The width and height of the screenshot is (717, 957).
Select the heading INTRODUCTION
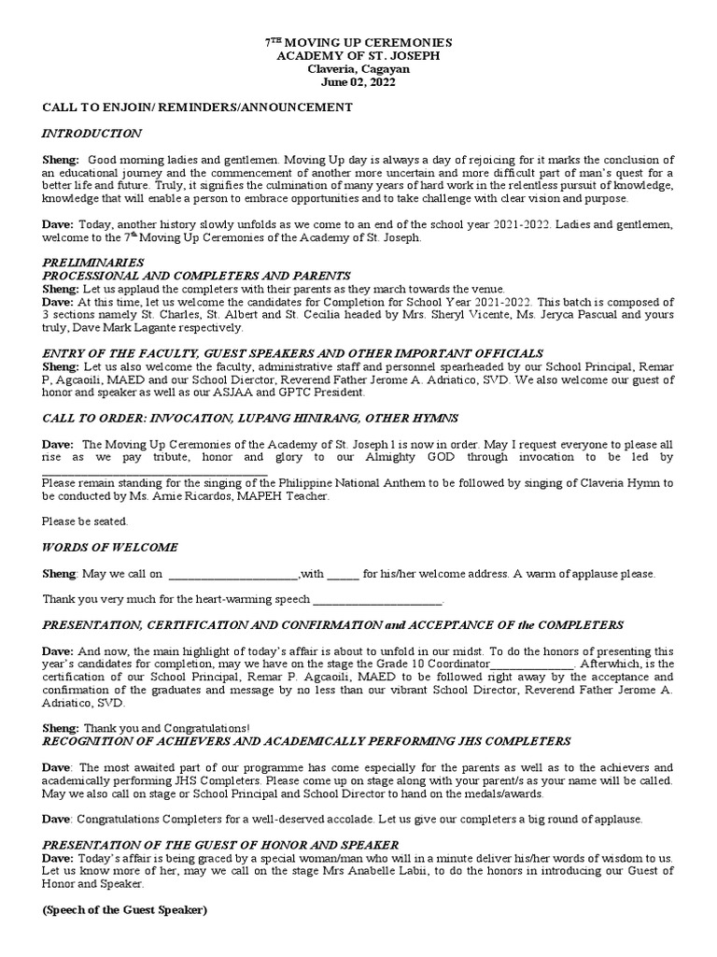(92, 134)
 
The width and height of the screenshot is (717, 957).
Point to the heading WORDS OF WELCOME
(110, 547)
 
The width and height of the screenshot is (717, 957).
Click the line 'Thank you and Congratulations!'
(167, 727)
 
